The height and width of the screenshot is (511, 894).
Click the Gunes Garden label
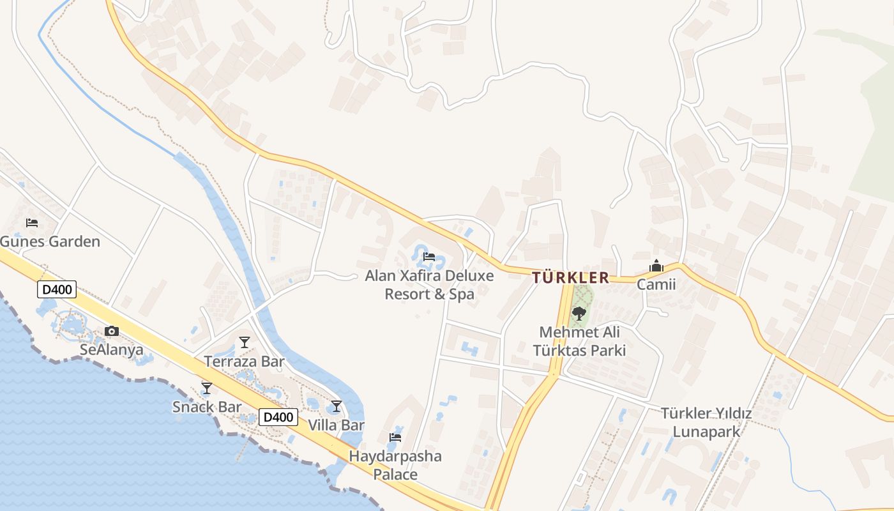(x=50, y=241)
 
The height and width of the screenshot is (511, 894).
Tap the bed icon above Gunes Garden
(x=32, y=223)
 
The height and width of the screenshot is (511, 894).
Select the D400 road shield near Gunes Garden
(x=57, y=290)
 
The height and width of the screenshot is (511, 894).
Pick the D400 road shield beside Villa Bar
(x=279, y=417)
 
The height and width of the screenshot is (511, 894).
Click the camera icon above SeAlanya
(x=112, y=331)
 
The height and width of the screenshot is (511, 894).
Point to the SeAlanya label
(x=112, y=349)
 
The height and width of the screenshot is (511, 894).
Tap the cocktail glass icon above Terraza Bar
(x=244, y=342)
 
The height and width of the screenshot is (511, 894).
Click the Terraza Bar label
(x=244, y=362)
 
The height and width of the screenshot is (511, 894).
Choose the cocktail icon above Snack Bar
(x=206, y=388)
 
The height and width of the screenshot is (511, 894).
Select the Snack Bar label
(x=207, y=407)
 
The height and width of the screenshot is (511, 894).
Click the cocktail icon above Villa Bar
(x=337, y=406)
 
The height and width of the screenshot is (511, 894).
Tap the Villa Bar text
(x=337, y=425)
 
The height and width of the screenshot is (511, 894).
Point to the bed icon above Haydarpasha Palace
(x=395, y=438)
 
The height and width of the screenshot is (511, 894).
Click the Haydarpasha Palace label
(x=395, y=465)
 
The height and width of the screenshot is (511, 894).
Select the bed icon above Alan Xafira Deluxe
(x=429, y=257)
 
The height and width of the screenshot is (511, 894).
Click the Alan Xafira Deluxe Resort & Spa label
(x=429, y=285)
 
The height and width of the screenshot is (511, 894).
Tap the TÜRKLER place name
(x=570, y=278)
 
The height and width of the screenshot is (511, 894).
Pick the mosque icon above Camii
(x=656, y=266)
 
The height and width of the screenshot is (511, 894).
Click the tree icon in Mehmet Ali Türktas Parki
(x=579, y=314)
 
